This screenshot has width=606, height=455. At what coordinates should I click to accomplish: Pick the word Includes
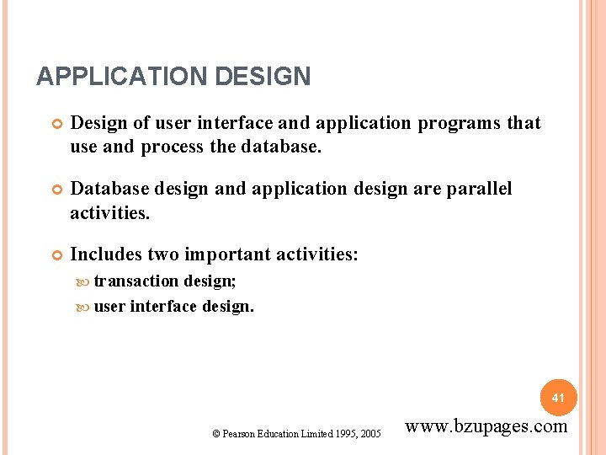(106, 254)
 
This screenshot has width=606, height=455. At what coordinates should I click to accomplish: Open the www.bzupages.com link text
(486, 426)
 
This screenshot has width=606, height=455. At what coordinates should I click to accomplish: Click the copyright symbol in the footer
(216, 434)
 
